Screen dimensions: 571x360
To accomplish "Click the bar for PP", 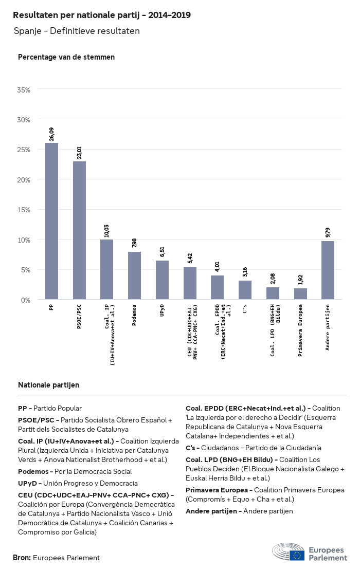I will coord(51,221).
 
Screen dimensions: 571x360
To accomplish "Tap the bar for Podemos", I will coord(134,275).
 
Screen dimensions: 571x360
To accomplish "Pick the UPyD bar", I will coord(162,280).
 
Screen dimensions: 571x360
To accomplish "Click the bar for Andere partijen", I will coord(328,270).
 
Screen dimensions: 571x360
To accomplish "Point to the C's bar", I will coord(245,290).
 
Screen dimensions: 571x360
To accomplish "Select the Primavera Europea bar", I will coord(300,293).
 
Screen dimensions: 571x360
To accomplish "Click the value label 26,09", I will coord(51,134).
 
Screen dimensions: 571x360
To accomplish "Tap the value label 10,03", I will coord(107,230).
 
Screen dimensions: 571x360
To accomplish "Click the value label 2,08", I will coord(273,279).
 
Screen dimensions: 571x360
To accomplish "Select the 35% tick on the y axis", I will coord(24,89).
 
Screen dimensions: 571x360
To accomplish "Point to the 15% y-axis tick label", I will coord(24,210).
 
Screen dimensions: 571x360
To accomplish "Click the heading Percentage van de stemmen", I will coord(66,57).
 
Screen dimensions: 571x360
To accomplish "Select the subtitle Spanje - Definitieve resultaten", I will coord(77,31).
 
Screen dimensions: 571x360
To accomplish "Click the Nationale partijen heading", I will coord(48,385).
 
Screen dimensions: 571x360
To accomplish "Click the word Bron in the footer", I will coord(22,558).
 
